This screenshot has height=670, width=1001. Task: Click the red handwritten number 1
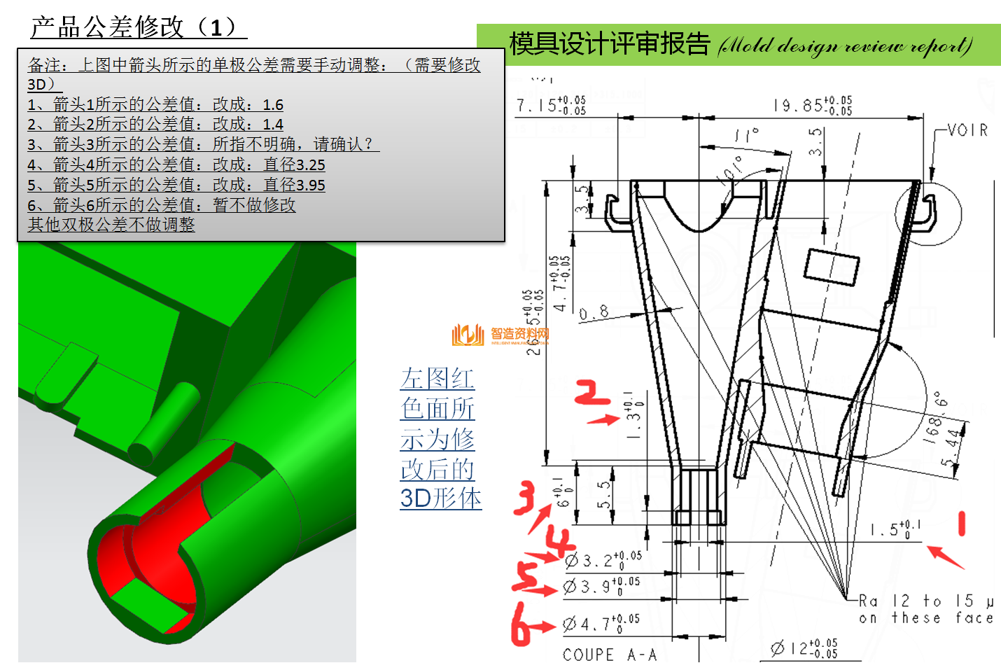962,524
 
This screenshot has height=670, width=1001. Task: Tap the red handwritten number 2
591,393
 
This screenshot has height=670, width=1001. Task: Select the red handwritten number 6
522,624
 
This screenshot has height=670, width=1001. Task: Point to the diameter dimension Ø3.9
601,586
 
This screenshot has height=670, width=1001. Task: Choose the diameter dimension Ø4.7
601,622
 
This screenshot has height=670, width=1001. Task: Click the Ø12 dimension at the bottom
804,648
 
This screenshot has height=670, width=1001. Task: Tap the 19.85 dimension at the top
812,105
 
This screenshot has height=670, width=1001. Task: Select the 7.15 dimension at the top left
551,105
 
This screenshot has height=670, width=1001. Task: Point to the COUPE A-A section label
610,655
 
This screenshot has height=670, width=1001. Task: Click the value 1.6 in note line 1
273,105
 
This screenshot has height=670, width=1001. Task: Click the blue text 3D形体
440,498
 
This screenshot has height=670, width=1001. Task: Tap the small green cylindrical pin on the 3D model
164,420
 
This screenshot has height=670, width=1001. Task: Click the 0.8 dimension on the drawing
594,313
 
